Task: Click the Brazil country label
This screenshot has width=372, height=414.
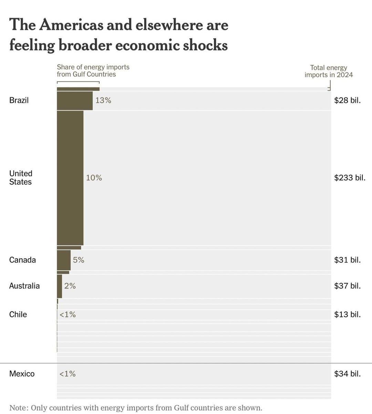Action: pos(19,100)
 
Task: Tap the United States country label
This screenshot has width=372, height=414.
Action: pos(21,178)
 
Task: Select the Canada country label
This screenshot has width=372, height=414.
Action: pos(22,260)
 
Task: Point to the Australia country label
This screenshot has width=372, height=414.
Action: pos(24,286)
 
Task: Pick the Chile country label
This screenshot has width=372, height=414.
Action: pos(18,314)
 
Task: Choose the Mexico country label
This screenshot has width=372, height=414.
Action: pos(22,374)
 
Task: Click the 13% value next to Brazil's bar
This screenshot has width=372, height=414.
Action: pos(103,100)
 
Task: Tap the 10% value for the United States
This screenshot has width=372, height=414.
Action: pos(94,178)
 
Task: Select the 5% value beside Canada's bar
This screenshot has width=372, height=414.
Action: pos(79,260)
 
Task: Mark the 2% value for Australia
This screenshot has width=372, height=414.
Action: pos(70,286)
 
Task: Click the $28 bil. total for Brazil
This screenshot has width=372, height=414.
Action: pos(348,100)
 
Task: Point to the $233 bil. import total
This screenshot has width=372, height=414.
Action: pos(350,178)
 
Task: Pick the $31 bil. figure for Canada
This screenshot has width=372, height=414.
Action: pos(348,260)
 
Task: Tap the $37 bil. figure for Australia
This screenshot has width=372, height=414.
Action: pos(348,286)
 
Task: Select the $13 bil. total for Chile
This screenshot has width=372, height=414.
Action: pos(348,314)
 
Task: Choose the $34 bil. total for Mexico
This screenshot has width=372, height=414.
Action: pos(348,374)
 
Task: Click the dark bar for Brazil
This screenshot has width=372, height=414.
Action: pos(75,101)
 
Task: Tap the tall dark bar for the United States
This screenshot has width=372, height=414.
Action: pos(70,178)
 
